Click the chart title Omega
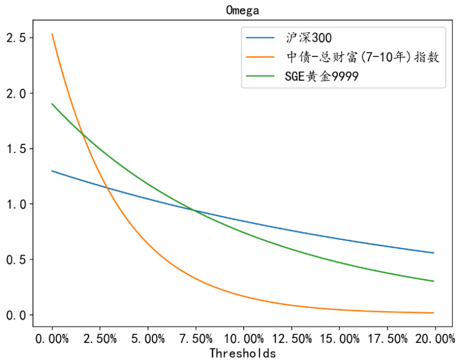243,10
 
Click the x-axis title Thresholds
243,353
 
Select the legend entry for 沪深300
308,38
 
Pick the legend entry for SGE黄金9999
321,76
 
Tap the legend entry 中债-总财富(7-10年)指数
362,57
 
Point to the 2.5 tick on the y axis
16,38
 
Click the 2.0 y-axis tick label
16,93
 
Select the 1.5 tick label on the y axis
16,149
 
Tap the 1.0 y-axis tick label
16,204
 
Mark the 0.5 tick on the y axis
16,259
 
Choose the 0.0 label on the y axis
16,315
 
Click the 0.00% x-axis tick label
52,339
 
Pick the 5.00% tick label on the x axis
148,339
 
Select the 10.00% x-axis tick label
243,339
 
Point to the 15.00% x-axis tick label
339,339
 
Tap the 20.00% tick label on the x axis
434,339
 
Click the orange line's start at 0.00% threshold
52,34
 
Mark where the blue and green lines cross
195,210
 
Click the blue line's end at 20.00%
434,253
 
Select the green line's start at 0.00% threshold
52,104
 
